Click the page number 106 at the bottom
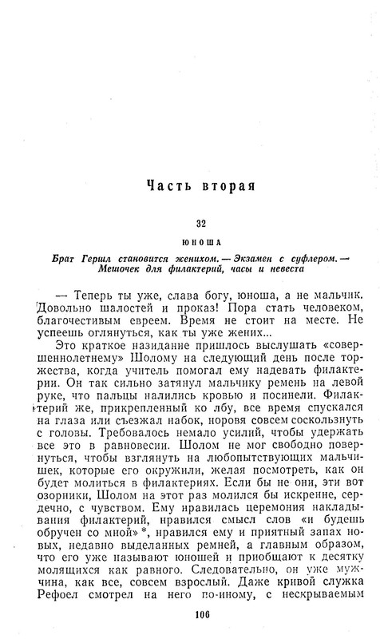200,614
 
